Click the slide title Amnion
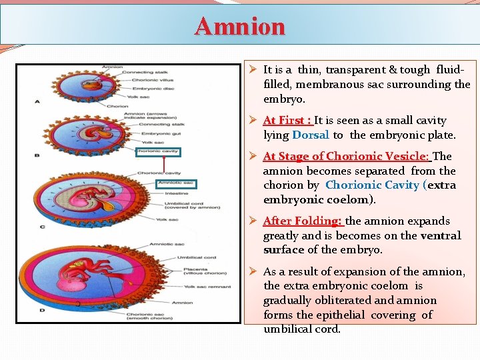[240, 26]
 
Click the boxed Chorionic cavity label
[158, 152]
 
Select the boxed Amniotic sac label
[175, 183]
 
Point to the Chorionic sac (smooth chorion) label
[173, 317]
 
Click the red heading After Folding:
[303, 221]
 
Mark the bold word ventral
[440, 236]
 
